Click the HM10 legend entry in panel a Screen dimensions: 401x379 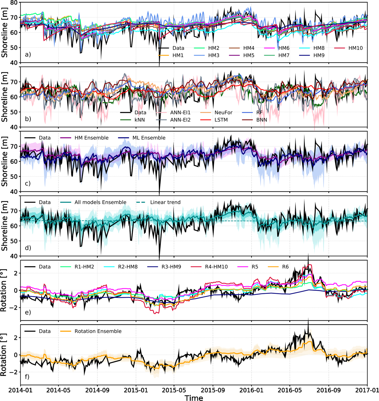[355, 48]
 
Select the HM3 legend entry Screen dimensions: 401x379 [214, 55]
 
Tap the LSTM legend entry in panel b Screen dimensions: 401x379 [221, 120]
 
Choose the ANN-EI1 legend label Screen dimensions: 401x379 [180, 113]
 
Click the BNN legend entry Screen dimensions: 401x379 [261, 120]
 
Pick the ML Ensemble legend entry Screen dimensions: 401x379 [149, 138]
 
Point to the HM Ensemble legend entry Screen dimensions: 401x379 [91, 138]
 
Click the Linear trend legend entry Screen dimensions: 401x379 [165, 202]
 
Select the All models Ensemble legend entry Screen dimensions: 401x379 [100, 202]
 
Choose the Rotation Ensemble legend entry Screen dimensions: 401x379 [98, 331]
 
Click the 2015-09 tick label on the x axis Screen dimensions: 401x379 [213, 390]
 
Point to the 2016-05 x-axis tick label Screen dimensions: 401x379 [290, 390]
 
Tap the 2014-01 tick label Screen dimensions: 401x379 [20, 390]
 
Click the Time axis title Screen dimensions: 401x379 [194, 397]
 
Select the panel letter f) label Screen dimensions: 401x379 [27, 377]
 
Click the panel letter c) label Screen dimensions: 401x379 [28, 183]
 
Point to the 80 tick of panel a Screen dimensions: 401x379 [13, 3]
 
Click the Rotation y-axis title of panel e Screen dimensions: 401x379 [4, 290]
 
